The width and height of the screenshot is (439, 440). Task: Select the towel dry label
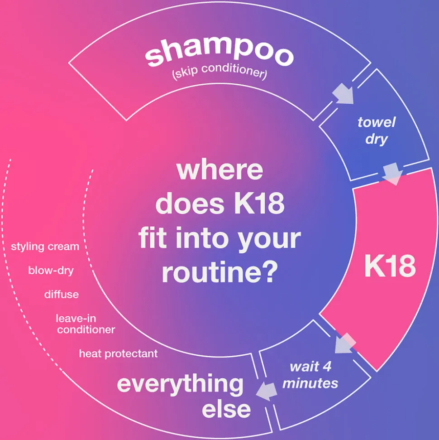376,131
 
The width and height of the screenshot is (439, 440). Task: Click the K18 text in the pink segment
390,266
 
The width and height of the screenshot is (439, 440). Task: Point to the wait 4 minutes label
310,375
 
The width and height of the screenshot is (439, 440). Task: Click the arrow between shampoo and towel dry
343,93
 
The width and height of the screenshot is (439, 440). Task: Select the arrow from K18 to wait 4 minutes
345,343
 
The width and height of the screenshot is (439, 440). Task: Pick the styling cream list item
45,247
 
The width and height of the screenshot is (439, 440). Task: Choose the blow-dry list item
51,271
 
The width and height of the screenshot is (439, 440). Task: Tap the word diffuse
62,295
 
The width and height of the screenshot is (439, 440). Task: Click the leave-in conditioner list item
86,324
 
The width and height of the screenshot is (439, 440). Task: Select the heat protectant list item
118,353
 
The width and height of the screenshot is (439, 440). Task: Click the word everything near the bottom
180,385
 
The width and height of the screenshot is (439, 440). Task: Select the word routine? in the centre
220,272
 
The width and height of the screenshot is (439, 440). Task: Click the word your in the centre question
269,240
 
